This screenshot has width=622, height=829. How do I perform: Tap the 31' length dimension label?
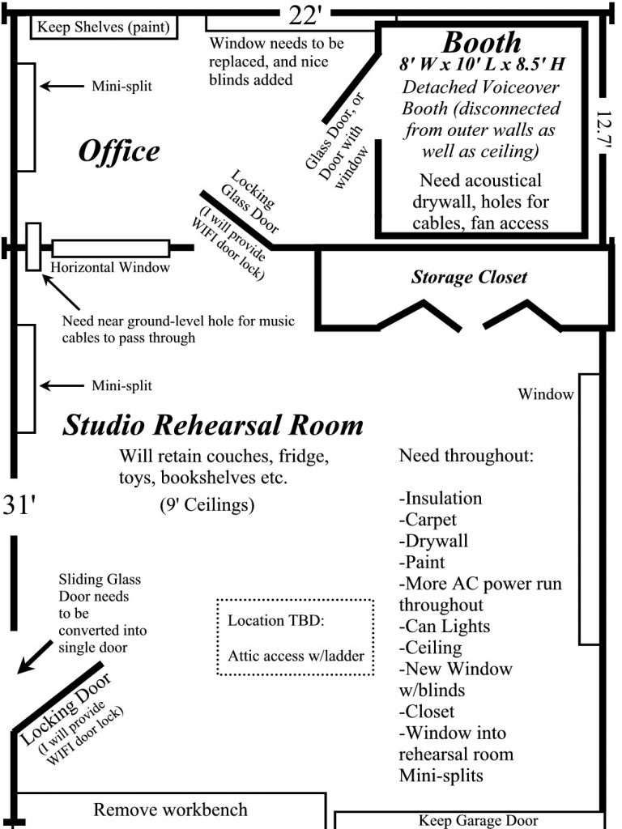19,505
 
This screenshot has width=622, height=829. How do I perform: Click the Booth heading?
481,42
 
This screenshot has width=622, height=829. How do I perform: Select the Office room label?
119,151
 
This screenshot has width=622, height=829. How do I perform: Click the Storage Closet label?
469,277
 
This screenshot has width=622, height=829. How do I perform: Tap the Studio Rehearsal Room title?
213,425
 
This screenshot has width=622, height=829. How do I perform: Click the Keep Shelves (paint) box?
104,27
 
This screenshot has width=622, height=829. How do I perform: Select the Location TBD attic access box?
295,637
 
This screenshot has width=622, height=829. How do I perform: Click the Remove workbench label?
170,810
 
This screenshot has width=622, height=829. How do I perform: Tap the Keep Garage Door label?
478,820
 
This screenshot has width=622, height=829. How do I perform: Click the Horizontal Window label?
110,267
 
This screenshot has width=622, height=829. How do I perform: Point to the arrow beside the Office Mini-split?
62,86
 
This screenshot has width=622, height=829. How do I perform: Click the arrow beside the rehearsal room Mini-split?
62,385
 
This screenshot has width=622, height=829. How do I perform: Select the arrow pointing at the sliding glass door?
35,657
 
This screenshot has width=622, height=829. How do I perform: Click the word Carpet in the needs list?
431,520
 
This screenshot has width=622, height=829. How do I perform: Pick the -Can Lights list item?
445,627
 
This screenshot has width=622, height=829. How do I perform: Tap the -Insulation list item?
440,498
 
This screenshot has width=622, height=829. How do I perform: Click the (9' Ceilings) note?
207,504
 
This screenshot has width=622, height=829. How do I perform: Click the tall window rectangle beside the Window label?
590,509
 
